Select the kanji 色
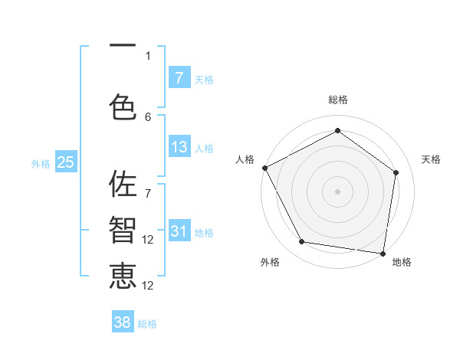[123, 106]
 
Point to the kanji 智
[123, 231]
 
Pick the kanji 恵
[123, 277]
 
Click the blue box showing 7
[179, 77]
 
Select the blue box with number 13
[179, 147]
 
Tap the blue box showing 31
[179, 231]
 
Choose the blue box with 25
[65, 162]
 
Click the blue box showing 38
[123, 322]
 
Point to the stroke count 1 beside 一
[148, 55]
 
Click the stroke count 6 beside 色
[148, 116]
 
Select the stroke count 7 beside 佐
[148, 186]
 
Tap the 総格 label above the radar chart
[337, 100]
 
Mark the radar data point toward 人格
[264, 168]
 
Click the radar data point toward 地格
[383, 253]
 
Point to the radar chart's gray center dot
[337, 191]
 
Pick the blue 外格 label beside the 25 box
[41, 163]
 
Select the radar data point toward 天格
[396, 172]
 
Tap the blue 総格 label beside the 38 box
[147, 324]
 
